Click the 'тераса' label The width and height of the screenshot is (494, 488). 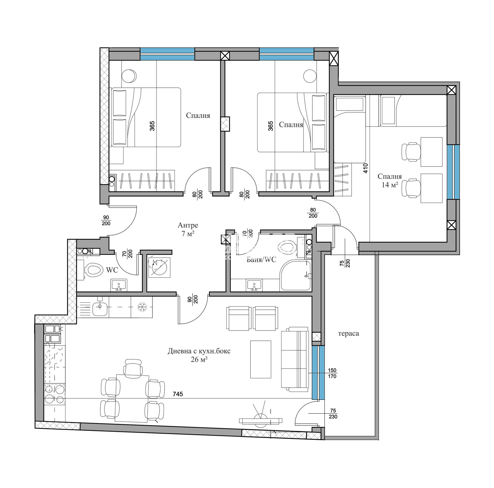point(348,334)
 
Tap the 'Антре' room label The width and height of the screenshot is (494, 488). point(188,225)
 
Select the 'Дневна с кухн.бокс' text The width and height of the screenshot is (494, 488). point(199,351)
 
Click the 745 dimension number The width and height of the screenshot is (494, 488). point(178,394)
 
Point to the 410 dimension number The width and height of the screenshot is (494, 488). point(366,168)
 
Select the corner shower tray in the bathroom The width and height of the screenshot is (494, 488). point(295,275)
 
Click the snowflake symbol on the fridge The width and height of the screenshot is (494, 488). point(142,307)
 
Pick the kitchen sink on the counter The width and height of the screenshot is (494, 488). point(100,309)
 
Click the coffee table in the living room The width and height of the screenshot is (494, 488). point(261,359)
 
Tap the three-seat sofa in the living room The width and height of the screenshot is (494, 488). point(295,358)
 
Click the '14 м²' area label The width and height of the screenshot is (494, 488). point(390,185)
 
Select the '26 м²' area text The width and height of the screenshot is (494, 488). point(199,359)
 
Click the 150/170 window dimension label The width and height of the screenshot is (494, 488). point(332,373)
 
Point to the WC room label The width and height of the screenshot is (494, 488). point(112,270)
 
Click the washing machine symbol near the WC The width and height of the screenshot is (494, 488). point(159,267)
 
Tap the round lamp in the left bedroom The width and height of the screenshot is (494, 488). point(129,76)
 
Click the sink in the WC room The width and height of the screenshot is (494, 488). point(119,285)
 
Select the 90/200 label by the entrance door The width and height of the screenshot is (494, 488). point(106,221)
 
